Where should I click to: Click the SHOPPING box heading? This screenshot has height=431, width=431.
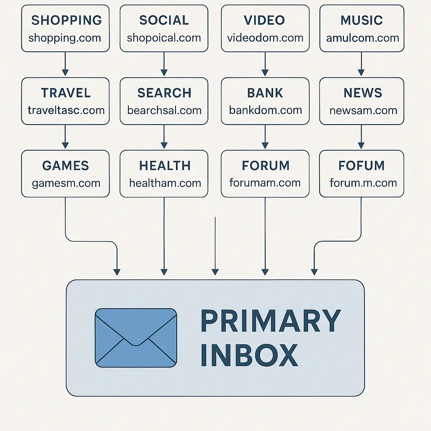pos(67,20)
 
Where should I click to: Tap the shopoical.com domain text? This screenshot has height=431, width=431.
pos(164,38)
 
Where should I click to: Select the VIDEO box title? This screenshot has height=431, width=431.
pos(264,20)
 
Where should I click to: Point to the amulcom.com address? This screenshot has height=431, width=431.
pos(362,38)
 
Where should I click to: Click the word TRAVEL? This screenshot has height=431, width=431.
pos(66,93)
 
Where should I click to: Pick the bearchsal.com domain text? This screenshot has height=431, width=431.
pos(165,111)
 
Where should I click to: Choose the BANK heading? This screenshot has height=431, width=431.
pos(265,93)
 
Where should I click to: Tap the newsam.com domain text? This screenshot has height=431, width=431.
pos(363,111)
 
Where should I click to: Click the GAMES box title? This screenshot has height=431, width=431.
pos(65,165)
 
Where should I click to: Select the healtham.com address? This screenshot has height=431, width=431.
pos(165,183)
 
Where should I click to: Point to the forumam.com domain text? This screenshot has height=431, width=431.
pos(265,183)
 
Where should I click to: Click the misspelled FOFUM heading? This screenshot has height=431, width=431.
pos(362,165)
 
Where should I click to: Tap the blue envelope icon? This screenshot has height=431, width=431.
pos(136,338)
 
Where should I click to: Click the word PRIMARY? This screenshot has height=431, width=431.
pos(271,321)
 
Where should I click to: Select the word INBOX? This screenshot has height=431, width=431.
pos(249,355)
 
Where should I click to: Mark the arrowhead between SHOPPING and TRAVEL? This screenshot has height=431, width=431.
pos(65,72)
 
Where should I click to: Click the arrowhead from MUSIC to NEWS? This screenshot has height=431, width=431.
pos(361,72)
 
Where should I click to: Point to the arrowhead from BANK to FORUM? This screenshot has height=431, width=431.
pos(265,145)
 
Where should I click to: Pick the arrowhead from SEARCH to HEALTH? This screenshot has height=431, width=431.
pos(164,145)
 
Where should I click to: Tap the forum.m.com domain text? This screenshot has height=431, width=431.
pos(363,183)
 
